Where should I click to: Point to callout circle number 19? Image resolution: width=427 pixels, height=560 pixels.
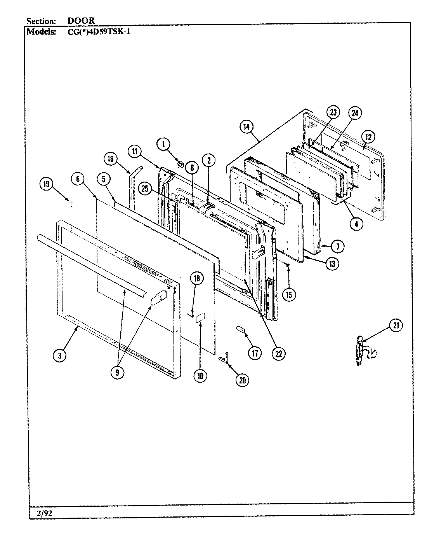pos(47,184)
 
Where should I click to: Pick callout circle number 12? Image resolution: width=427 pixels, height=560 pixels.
pos(368,136)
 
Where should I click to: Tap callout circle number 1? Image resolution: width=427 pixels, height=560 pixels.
pos(163,144)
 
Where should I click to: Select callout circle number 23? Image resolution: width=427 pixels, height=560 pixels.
pos(333,113)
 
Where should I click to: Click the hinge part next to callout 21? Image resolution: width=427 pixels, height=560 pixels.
pos(360,350)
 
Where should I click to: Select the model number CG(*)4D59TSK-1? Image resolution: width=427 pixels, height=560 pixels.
pos(99,32)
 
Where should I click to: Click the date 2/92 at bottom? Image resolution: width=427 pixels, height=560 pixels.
pos(41,513)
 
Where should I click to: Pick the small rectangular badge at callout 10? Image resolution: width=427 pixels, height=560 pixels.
pos(200,317)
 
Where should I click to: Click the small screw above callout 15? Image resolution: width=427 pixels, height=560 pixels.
pos(288,265)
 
